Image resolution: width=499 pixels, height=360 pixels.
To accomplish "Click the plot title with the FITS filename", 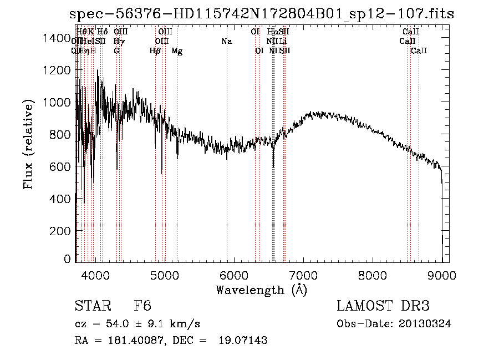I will pos(261,14).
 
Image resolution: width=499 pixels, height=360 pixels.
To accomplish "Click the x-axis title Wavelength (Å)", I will pos(261,290).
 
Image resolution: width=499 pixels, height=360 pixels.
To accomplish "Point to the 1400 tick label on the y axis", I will pos(58,38).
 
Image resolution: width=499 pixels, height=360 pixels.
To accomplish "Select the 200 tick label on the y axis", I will pos(62,231).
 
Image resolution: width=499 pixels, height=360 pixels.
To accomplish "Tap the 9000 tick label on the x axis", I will pos(442,274).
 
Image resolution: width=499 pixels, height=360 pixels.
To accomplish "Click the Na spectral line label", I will pos(226,41).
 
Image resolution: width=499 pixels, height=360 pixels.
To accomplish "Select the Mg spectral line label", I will pos(177,51).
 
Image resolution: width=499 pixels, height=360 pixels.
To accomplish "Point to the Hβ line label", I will pos(155,51).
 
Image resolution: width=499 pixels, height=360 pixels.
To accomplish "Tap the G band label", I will pos(116,51).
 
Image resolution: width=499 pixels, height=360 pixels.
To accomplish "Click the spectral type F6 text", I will pos(142,307).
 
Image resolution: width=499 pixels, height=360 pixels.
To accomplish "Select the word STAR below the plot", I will pos(89,307).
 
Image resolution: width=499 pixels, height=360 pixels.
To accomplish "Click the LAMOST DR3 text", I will pos(383,307).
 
